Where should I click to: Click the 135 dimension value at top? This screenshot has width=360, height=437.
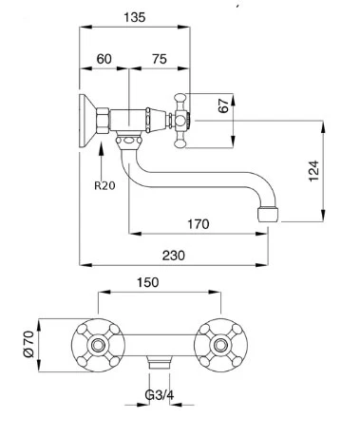135,17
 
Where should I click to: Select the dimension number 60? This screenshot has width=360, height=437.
104,59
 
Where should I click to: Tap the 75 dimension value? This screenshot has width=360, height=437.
160,59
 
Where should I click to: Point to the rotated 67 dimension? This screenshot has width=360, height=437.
223,105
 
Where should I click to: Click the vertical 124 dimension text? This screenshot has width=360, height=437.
313,171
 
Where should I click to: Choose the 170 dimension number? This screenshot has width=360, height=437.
199,224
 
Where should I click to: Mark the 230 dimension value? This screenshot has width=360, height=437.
174,256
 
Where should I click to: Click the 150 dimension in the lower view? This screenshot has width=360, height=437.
147,282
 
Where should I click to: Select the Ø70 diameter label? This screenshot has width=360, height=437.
28,344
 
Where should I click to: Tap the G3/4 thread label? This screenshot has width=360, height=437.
160,395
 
